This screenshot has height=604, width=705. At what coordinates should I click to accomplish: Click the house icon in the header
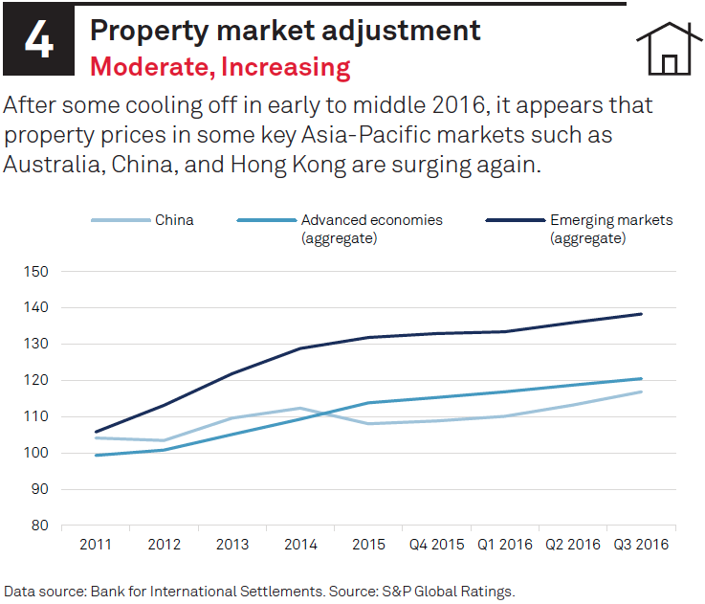click(x=669, y=49)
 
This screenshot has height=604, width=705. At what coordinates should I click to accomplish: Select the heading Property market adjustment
click(x=284, y=31)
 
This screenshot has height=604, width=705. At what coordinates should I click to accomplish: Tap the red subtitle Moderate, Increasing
click(x=220, y=67)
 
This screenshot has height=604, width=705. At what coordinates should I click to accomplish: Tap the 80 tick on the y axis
click(x=39, y=526)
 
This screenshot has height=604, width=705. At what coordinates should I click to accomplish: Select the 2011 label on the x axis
click(x=95, y=544)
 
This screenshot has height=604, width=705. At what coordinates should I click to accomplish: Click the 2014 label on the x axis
click(x=300, y=544)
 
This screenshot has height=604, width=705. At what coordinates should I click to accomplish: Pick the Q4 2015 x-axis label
click(x=436, y=544)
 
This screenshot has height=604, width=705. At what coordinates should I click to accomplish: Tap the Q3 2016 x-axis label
click(x=642, y=544)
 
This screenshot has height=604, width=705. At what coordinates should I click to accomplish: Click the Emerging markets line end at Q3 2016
click(x=642, y=314)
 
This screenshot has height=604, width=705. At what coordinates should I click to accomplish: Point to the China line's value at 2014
click(x=300, y=409)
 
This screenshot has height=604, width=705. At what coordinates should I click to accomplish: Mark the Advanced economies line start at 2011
click(x=95, y=455)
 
